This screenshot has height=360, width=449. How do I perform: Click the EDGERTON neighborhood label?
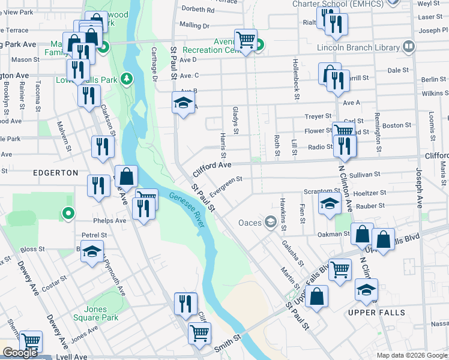point(56,173)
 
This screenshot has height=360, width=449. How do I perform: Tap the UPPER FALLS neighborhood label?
point(376,313)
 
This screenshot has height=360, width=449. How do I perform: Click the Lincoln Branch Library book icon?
point(409,46)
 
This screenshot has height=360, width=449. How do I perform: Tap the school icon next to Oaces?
point(271,223)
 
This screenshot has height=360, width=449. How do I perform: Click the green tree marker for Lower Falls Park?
point(126,79)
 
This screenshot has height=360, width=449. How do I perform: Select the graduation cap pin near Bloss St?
point(92,252)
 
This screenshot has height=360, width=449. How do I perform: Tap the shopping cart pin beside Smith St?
point(199,332)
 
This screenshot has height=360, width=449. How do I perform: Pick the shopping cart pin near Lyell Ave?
point(31,341)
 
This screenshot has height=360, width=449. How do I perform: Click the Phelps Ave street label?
point(113,220)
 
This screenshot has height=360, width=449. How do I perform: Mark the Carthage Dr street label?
point(154,64)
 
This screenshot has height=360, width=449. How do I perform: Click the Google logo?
point(20,353)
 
